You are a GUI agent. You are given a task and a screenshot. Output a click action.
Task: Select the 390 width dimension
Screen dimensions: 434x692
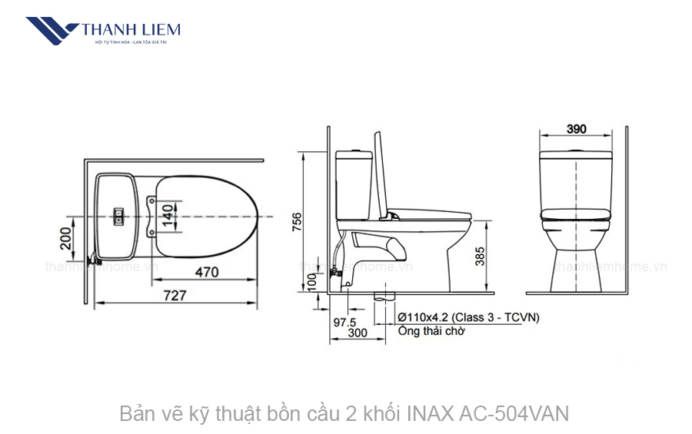pos(577,129)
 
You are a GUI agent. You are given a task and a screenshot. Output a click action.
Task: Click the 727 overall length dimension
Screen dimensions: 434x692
pos(173,295)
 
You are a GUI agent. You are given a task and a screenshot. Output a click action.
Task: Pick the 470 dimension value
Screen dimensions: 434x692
pos(205,271)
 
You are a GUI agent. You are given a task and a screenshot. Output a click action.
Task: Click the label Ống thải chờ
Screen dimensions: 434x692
pos(431,332)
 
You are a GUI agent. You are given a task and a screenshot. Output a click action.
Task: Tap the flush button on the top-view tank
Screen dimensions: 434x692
pos(118,217)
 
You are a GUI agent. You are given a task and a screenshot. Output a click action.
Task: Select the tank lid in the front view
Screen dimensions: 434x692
pos(576,154)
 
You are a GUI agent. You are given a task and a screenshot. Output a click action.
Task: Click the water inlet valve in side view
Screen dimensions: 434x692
pos(336,270)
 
